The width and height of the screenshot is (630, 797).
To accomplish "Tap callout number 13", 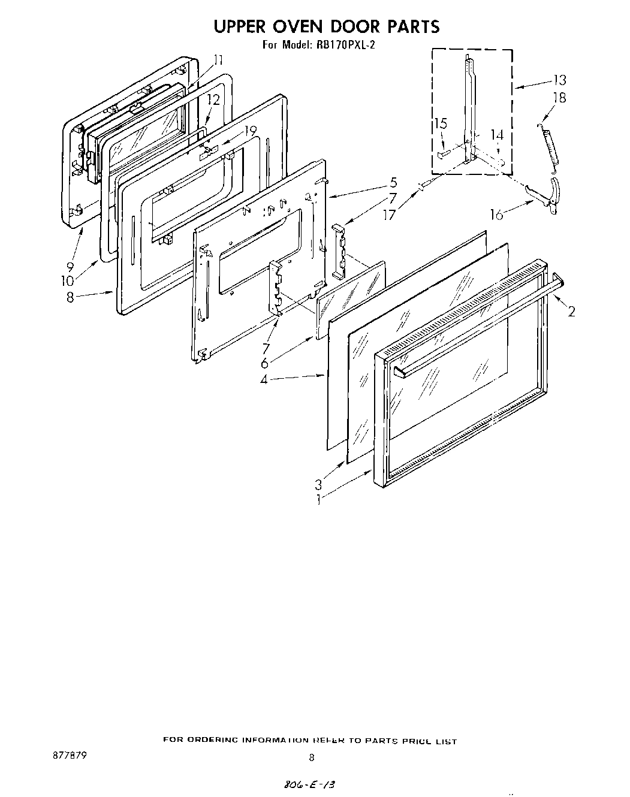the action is (559, 80).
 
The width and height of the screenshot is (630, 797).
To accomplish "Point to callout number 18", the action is (559, 98).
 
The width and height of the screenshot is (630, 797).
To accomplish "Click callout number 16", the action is (497, 215).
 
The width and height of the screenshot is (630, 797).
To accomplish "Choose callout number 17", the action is (390, 213).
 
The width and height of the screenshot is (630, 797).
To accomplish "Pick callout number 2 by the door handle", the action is (571, 310).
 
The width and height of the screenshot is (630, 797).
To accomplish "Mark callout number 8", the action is (71, 297).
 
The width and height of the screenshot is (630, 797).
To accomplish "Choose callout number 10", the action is (67, 280).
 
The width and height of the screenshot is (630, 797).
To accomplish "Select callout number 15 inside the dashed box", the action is (441, 123).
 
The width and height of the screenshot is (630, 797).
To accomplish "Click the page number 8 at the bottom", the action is (311, 757).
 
